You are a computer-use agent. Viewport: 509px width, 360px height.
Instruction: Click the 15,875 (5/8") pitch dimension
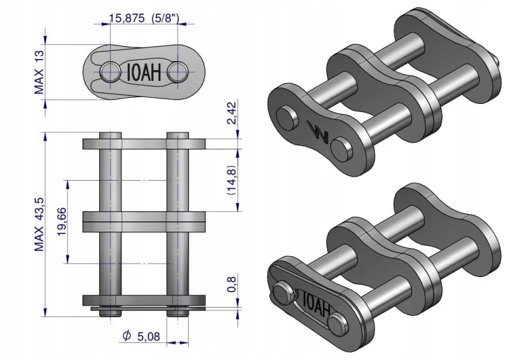click(144, 18)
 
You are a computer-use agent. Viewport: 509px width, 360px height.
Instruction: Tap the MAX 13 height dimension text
click(39, 72)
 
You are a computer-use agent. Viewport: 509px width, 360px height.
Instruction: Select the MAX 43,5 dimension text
click(39, 224)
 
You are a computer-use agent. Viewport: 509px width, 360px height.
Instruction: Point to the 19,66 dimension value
click(62, 221)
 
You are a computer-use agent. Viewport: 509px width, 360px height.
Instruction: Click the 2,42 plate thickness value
click(232, 113)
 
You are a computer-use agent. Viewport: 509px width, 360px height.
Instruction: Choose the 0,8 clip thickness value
click(231, 285)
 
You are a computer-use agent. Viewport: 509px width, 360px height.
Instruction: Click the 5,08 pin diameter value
click(149, 337)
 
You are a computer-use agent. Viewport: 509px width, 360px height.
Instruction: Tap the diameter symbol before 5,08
click(127, 336)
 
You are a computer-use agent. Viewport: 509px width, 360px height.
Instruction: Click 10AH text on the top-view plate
click(144, 72)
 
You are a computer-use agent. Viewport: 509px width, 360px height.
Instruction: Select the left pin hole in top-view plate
click(110, 71)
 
